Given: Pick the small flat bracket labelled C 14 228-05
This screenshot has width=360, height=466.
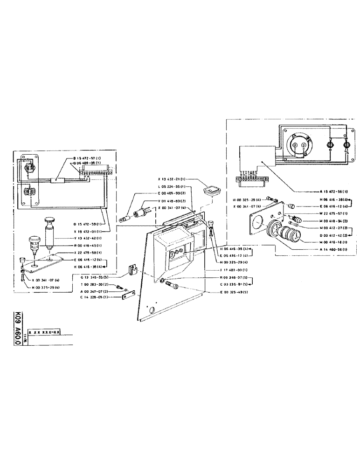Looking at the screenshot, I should [127, 294].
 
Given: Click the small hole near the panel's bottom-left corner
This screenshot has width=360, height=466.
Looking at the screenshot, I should [151, 309].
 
